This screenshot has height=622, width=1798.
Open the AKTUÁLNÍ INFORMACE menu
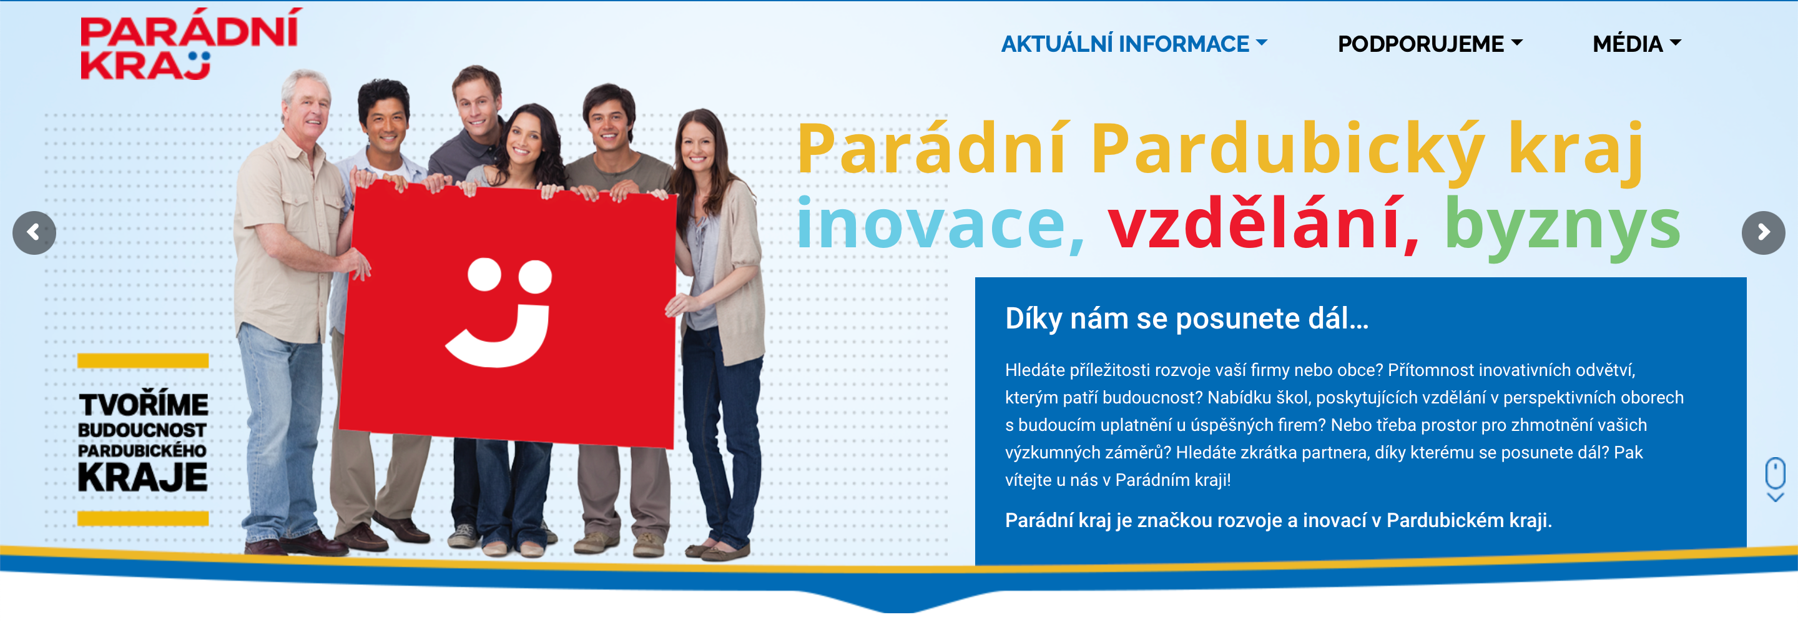[1134, 44]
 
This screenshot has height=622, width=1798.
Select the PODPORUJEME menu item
[1430, 44]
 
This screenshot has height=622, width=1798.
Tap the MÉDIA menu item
[1636, 44]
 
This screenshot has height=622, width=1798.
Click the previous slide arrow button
[34, 232]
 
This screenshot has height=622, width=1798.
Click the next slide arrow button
[1763, 232]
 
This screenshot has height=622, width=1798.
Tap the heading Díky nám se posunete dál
[1187, 318]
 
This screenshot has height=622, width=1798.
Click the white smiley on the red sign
[501, 312]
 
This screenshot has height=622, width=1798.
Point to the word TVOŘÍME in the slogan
[143, 404]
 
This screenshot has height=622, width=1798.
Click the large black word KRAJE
[143, 478]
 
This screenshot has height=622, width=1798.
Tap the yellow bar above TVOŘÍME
[143, 361]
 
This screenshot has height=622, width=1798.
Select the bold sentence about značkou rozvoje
[1278, 520]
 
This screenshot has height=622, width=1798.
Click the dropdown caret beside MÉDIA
[1675, 43]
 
